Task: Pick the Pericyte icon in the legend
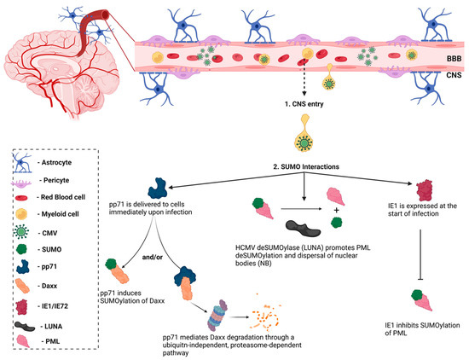tap(26, 179)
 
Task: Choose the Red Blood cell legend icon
tap(26, 197)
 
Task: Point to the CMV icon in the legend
tap(26, 233)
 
